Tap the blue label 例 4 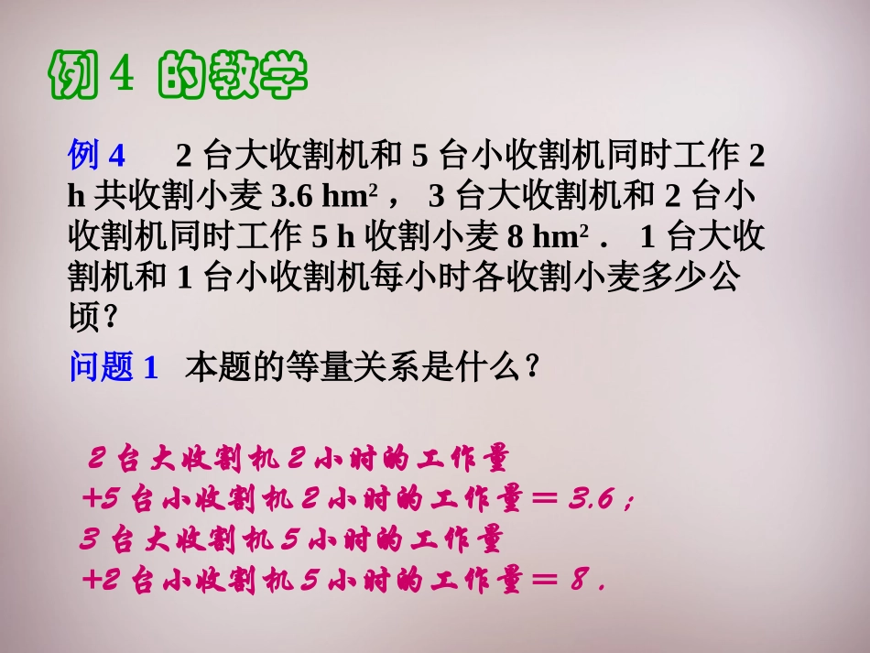(x=96, y=157)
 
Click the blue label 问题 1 (x=114, y=368)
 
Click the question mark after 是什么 (x=529, y=368)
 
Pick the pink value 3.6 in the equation (x=593, y=500)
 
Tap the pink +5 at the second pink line (x=102, y=500)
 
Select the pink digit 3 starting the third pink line (x=89, y=540)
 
